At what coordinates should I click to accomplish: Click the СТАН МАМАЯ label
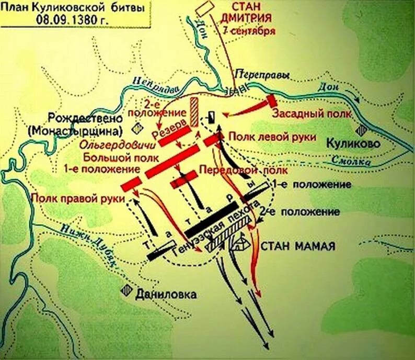[x=297, y=245]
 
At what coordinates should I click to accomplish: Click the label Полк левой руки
[x=272, y=137]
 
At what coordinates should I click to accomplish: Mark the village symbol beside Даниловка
[x=125, y=291]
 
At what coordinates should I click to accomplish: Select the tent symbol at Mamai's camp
[x=242, y=241]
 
